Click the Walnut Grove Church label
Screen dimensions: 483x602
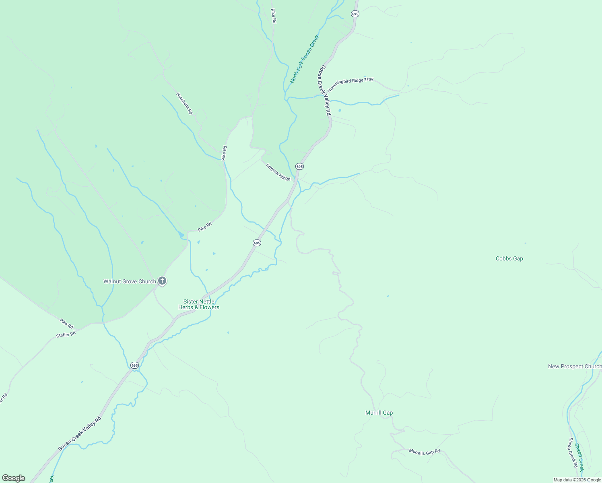(129, 281)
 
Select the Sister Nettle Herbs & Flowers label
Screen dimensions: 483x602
(199, 304)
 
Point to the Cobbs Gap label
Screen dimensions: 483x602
(509, 259)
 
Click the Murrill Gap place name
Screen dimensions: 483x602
(379, 413)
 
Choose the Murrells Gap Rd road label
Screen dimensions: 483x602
(424, 452)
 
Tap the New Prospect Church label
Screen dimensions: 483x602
(574, 366)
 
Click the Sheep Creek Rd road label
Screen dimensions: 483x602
(573, 453)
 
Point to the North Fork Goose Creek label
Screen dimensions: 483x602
(304, 59)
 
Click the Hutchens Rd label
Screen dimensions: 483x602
(184, 103)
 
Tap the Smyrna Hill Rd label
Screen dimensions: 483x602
(278, 172)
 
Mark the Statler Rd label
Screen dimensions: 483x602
(66, 334)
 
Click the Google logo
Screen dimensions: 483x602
(14, 478)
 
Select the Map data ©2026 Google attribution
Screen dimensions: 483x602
(577, 480)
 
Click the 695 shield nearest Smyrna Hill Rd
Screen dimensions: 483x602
(299, 166)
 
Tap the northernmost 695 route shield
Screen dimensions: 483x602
(355, 14)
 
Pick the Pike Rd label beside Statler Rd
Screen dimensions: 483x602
(66, 323)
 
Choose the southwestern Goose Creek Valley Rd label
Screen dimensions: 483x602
(79, 434)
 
